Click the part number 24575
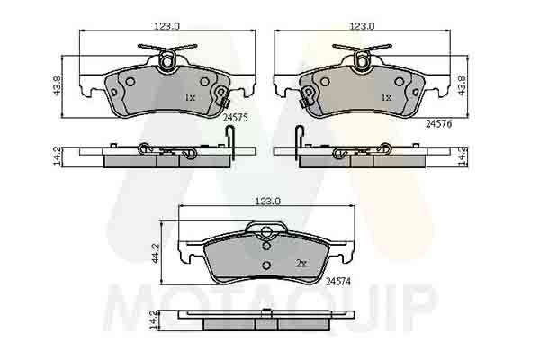(x=235, y=118)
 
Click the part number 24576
(x=439, y=124)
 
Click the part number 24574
(x=337, y=282)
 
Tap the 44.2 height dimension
(x=156, y=254)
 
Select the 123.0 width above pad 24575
(x=167, y=26)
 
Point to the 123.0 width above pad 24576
(x=363, y=26)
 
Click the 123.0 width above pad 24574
(x=267, y=202)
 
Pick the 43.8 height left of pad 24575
(x=58, y=85)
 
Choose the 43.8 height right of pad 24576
(x=462, y=85)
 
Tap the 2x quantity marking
(x=301, y=264)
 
